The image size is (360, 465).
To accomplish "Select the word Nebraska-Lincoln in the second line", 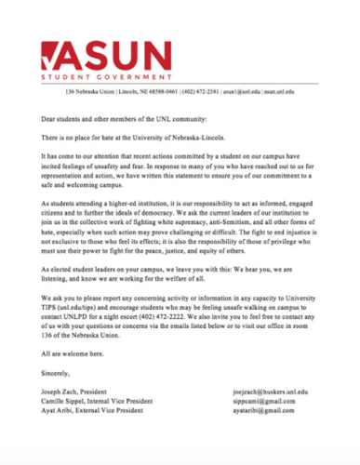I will point(223,137).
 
